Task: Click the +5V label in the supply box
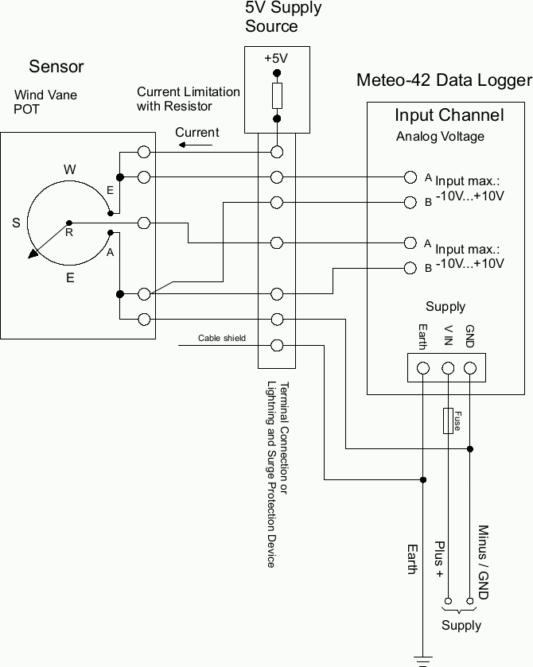pos(276,58)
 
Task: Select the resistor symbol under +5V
pos(277,96)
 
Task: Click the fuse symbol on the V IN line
pos(449,421)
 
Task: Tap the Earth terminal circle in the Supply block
pos(423,368)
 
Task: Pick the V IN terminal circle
pos(448,368)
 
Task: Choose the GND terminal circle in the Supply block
pos(469,368)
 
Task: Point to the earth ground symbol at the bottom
pos(423,659)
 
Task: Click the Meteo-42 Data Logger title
pos(443,80)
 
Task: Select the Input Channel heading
pos(449,115)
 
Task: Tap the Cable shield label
pos(222,339)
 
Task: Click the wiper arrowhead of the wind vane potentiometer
pos(33,254)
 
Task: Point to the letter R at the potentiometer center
pos(69,233)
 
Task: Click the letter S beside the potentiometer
pos(16,223)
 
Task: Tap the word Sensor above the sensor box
pos(56,66)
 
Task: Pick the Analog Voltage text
pos(440,137)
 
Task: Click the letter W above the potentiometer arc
pos(70,169)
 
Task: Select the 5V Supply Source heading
pos(282,17)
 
